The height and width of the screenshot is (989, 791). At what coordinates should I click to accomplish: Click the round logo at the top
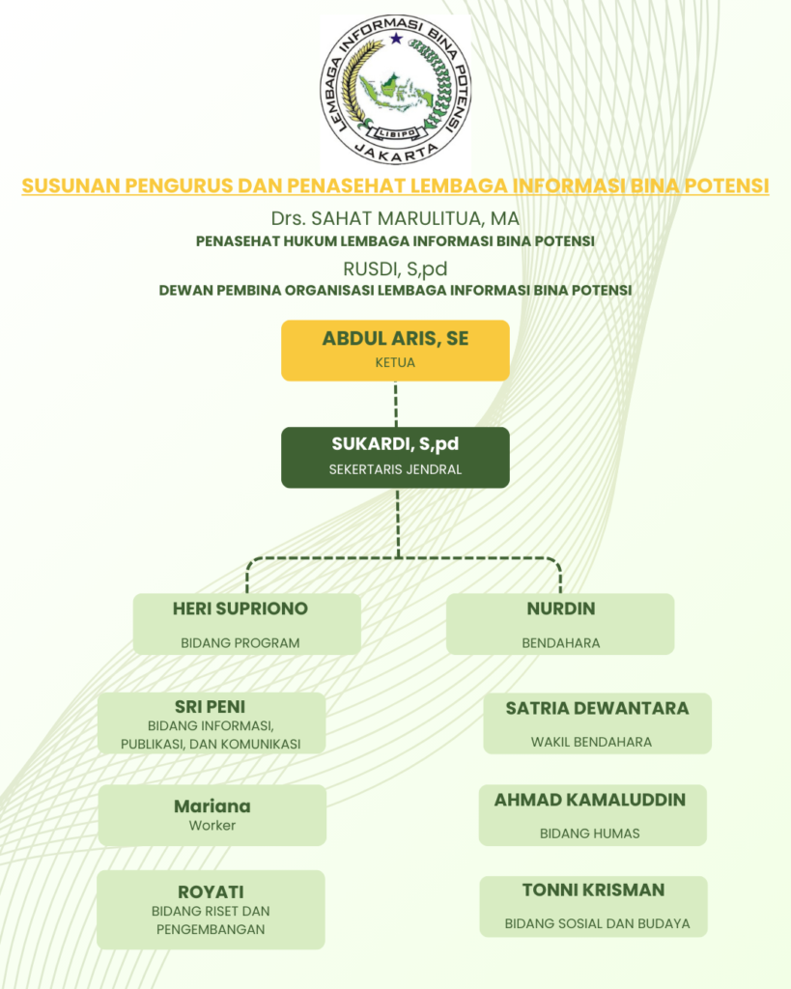pos(395,90)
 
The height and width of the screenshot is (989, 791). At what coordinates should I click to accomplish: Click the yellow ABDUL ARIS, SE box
pos(395,350)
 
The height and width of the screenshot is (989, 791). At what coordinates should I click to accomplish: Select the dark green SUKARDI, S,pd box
pos(395,457)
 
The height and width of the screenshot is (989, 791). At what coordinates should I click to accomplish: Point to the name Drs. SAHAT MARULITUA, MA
pos(395,218)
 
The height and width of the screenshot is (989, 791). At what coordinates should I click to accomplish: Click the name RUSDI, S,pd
pos(395,268)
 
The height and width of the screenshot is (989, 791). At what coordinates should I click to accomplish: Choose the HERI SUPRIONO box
pos(246,624)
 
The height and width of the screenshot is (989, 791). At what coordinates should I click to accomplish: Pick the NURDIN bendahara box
pos(560,624)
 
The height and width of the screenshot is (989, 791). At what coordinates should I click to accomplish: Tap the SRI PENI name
pos(210,706)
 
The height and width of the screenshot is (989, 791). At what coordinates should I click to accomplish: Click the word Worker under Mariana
pos(212,826)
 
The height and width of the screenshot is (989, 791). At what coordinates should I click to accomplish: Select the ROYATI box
pos(211,909)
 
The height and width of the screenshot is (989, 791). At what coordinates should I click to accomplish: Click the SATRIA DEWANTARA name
pos(597,708)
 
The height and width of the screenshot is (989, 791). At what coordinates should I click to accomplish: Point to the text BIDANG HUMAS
pos(589,833)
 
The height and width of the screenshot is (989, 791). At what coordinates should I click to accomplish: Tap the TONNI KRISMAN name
pos(593,890)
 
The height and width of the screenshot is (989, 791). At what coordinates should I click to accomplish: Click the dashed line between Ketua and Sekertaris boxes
pos(395,404)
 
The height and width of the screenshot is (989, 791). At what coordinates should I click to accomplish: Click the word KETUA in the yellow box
pos(395,363)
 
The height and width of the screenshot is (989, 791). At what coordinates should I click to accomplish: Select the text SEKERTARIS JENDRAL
pos(395,470)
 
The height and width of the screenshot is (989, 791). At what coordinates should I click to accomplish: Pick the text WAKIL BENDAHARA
pos(591,742)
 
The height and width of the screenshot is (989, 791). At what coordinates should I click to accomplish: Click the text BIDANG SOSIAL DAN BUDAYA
pos(597,923)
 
